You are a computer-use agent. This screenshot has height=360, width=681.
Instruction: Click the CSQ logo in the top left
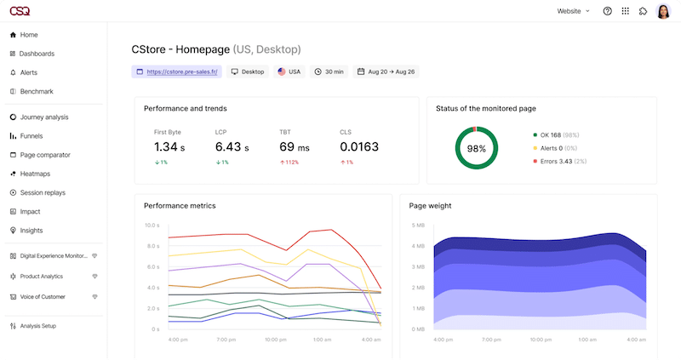(19, 11)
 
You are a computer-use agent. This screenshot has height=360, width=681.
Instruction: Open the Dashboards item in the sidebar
(37, 54)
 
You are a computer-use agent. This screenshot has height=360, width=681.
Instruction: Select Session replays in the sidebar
(43, 192)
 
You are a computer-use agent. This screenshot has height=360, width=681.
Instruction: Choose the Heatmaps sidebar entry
(35, 174)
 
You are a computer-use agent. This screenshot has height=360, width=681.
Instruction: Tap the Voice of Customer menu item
(45, 297)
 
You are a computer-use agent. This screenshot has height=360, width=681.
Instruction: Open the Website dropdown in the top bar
(573, 11)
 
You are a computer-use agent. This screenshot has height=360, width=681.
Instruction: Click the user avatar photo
(663, 11)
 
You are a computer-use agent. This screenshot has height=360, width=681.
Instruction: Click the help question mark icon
(607, 11)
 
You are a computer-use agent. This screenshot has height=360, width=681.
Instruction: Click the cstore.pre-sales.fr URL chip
(177, 72)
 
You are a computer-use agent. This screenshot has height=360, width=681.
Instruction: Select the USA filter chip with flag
(289, 72)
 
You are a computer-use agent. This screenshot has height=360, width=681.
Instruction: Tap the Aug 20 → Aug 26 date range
(386, 72)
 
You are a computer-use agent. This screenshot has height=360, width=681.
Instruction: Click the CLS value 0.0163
(358, 147)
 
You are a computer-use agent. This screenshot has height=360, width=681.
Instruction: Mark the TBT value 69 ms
(293, 147)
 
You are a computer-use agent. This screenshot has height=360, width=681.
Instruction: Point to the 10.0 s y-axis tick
(152, 226)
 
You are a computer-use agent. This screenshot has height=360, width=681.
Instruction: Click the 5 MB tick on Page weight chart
(418, 226)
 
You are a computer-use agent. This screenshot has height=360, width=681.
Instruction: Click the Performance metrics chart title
(180, 206)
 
